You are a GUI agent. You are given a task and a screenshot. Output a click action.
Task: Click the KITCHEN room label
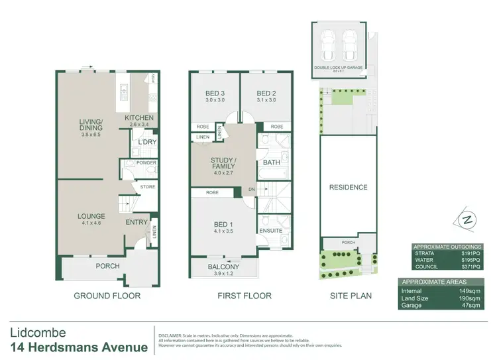(x=139, y=118)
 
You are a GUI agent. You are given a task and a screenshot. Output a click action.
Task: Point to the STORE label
(x=147, y=187)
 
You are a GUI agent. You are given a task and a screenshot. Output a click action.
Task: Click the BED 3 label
(x=213, y=93)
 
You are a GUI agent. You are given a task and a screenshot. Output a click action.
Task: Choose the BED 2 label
(x=266, y=93)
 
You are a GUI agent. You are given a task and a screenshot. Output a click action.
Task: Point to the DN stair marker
(x=250, y=188)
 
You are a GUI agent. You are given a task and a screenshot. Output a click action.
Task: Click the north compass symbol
(x=468, y=219)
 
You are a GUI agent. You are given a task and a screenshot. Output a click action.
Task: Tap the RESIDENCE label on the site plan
(x=348, y=188)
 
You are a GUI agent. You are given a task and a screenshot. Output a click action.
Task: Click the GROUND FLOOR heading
(x=107, y=296)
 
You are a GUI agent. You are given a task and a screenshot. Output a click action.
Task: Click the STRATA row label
(x=424, y=253)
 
